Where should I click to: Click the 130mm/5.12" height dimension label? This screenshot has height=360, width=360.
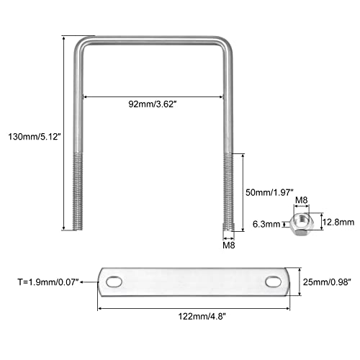click(x=34, y=137)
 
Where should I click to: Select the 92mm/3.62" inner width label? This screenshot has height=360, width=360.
click(x=153, y=104)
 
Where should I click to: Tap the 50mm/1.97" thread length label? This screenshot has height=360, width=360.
click(x=269, y=192)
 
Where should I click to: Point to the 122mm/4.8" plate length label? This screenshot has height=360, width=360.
click(x=202, y=316)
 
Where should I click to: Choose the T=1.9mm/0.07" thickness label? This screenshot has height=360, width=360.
click(x=48, y=282)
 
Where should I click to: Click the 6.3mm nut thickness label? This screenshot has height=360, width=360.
click(x=266, y=224)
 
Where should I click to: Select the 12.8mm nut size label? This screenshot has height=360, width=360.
click(x=338, y=222)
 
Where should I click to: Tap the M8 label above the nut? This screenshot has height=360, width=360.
click(x=301, y=200)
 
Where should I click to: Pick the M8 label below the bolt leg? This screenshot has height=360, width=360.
click(x=229, y=246)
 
